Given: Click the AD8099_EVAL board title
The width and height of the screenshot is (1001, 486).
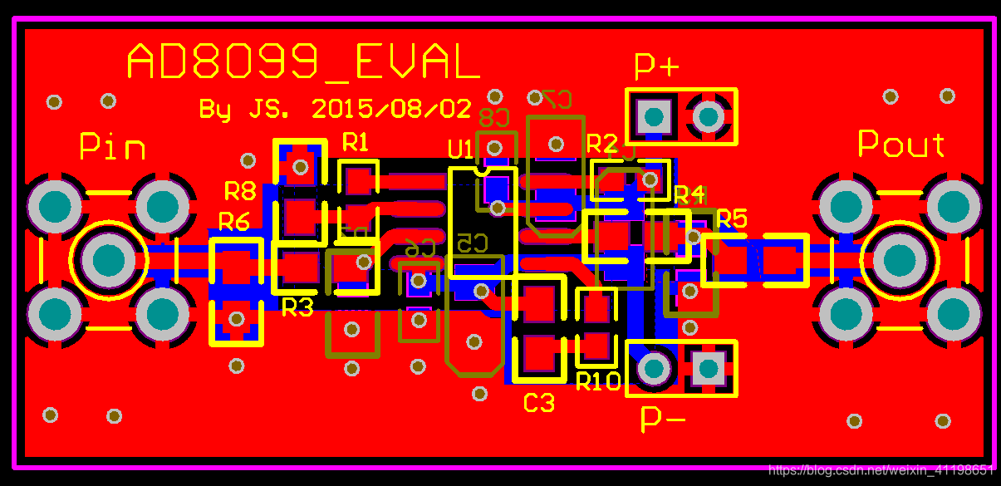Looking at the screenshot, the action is pyautogui.click(x=302, y=62).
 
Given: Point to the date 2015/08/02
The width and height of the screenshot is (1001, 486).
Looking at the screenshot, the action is pyautogui.click(x=391, y=108).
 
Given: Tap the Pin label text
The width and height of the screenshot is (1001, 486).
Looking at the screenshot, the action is pyautogui.click(x=112, y=147).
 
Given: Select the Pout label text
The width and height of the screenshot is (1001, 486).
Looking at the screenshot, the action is pyautogui.click(x=900, y=145).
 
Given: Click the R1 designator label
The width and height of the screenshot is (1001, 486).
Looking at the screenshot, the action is pyautogui.click(x=355, y=142).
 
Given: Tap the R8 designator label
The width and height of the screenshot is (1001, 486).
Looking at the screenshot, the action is pyautogui.click(x=240, y=192).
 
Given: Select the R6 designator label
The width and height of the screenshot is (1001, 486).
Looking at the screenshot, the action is pyautogui.click(x=233, y=222).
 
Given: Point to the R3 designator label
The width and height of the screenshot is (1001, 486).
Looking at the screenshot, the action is pyautogui.click(x=297, y=308).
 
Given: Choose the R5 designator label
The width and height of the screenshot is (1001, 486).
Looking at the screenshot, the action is pyautogui.click(x=732, y=219).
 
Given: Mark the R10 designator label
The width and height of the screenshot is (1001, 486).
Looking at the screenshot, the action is pyautogui.click(x=598, y=382).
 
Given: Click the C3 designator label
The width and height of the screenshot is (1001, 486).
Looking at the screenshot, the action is pyautogui.click(x=538, y=404).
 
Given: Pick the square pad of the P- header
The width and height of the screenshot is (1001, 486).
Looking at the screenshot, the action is pyautogui.click(x=709, y=366).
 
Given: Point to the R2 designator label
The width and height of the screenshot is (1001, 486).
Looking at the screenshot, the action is pyautogui.click(x=602, y=143).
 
